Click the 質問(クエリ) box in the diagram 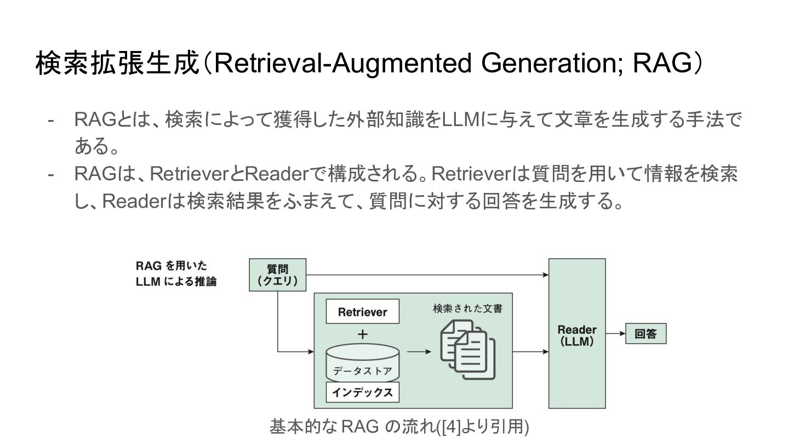tap(277, 275)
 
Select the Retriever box tap(362, 312)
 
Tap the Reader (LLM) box tap(577, 334)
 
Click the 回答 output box tap(645, 334)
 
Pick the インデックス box tap(362, 392)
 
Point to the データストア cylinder tap(362, 363)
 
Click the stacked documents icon tap(467, 351)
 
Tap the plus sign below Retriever tap(363, 334)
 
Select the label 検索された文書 tap(467, 309)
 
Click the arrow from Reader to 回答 tap(615, 334)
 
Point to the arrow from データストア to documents tap(420, 352)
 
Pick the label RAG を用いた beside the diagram tap(171, 266)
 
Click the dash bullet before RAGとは tap(52, 119)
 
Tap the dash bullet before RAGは tap(52, 174)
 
